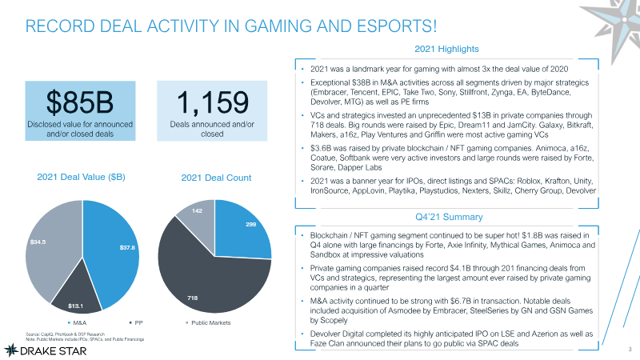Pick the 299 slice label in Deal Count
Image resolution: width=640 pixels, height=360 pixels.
[250, 226]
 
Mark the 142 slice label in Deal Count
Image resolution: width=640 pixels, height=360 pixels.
[186, 210]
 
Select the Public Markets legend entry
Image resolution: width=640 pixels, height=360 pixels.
[210, 323]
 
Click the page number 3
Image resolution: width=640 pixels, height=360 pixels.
[630, 349]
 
